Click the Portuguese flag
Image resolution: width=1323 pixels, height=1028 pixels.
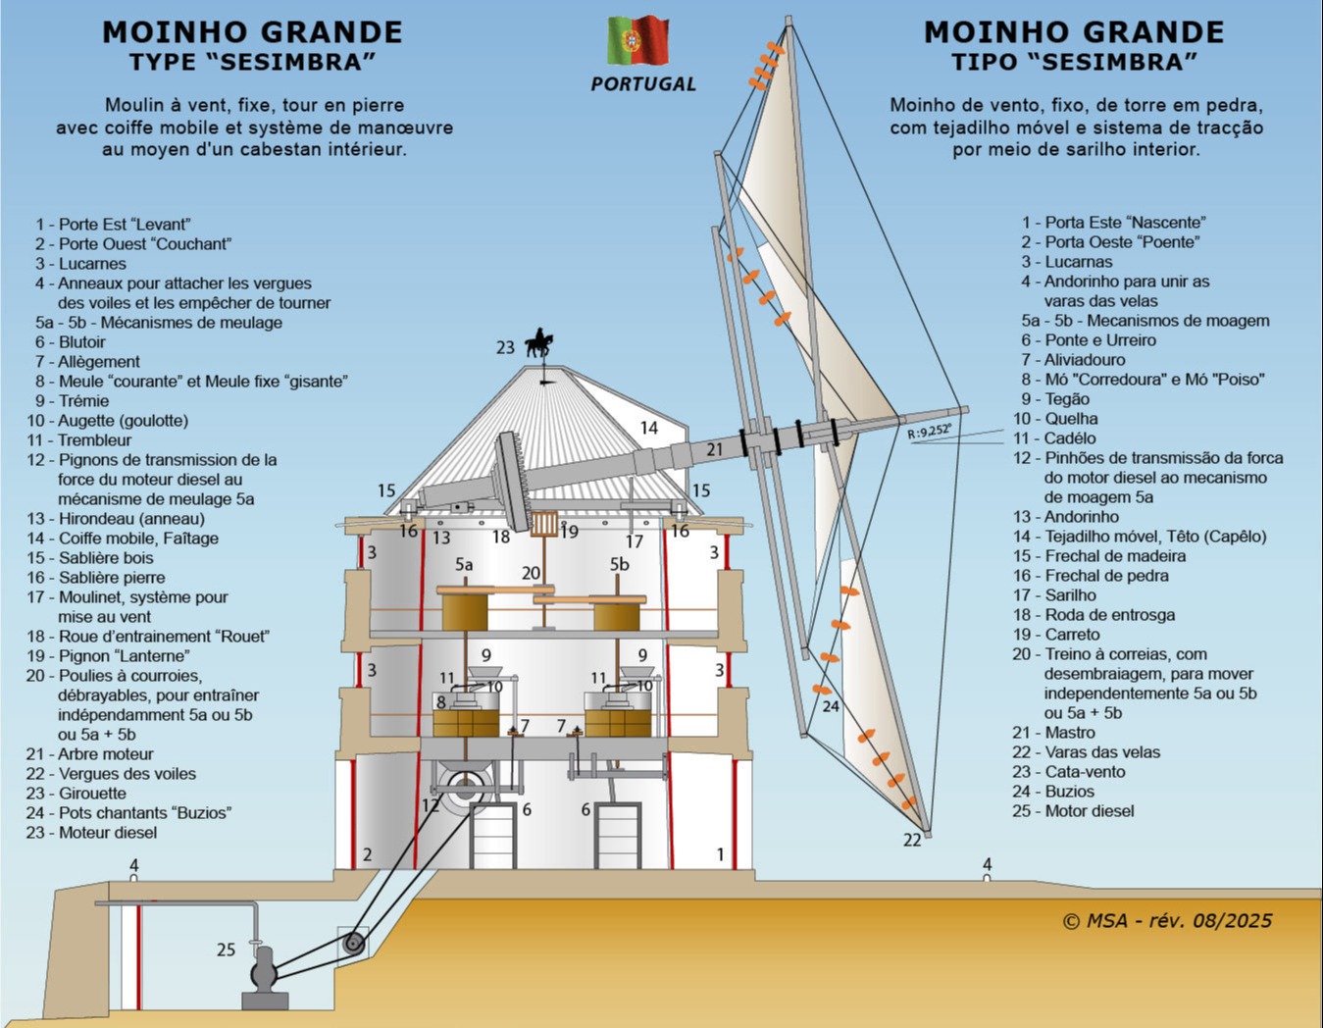coord(638,40)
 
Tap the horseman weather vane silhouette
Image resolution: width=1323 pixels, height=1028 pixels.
coord(539,343)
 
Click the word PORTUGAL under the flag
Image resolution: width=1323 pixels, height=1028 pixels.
coord(643,84)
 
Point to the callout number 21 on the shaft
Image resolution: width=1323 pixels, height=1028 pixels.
coord(714,450)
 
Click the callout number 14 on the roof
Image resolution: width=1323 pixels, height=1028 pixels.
coord(649,428)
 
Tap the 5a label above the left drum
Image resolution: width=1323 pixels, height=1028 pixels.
coord(464,565)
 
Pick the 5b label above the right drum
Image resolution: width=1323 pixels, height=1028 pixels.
coord(619,564)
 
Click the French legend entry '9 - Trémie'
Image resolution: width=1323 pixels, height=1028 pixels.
coord(72,401)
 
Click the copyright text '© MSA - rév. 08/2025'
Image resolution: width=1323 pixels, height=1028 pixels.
coord(1167,921)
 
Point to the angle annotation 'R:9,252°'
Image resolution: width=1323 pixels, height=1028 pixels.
coord(929,431)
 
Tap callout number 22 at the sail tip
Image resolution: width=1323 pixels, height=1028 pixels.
coord(912,841)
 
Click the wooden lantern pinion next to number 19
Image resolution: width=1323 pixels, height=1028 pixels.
coord(543,524)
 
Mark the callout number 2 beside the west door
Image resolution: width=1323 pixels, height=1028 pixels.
coord(367,854)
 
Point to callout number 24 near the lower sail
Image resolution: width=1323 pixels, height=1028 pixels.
coord(831,706)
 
